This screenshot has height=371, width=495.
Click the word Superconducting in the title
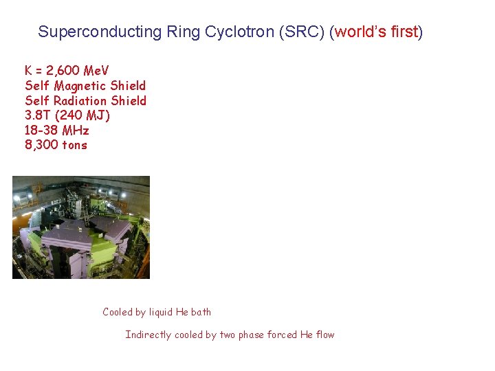[100, 32]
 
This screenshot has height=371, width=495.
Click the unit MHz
[76, 131]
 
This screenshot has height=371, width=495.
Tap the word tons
[75, 145]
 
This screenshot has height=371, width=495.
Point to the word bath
[201, 312]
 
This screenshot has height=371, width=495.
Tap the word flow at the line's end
[326, 335]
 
